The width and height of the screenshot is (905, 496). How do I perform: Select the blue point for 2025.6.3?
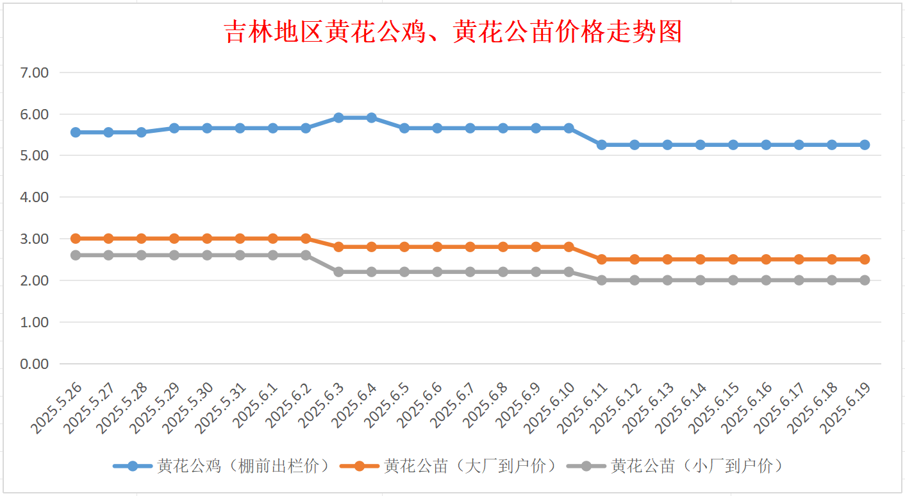[338, 117]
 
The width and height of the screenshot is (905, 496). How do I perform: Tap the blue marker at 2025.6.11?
[601, 145]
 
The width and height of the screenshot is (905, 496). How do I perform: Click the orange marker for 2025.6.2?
[306, 239]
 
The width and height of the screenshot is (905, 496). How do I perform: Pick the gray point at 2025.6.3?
[338, 272]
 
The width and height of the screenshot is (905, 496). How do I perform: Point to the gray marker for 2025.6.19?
[865, 280]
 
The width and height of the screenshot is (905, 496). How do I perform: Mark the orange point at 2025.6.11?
[601, 259]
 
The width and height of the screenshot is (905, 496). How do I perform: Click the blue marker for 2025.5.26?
[76, 132]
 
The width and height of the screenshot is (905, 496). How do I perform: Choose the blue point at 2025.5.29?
[174, 128]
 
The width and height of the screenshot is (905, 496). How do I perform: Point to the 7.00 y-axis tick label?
[35, 73]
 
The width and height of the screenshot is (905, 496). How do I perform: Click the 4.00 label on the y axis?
[35, 197]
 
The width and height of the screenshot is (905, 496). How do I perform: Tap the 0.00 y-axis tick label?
[35, 364]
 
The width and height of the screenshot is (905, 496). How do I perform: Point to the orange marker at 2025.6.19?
[865, 259]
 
